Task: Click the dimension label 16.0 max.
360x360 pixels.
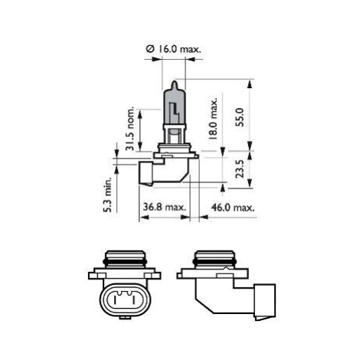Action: coord(178,49)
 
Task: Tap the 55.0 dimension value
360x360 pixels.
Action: coord(240,117)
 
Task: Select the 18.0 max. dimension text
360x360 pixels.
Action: coord(213,118)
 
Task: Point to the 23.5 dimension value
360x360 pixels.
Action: coord(240,169)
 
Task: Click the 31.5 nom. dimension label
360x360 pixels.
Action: coord(130,129)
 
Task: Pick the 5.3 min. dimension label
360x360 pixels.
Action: coord(108,195)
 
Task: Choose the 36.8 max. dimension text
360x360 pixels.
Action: coord(165,207)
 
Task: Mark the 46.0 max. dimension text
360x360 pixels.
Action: coord(233,208)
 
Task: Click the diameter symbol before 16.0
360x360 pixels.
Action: coord(150,49)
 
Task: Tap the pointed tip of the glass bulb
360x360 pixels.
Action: coord(174,82)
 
